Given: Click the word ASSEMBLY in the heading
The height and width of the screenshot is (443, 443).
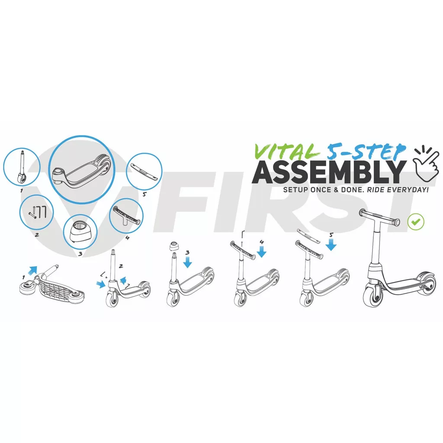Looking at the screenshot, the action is (x=329, y=172).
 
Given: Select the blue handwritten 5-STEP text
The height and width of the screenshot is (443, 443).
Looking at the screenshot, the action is (x=366, y=152).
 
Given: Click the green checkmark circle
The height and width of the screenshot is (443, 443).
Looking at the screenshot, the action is (x=416, y=221).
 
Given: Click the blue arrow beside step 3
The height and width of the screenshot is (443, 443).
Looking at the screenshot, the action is (x=187, y=262).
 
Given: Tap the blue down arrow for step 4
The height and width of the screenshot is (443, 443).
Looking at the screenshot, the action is (x=262, y=251).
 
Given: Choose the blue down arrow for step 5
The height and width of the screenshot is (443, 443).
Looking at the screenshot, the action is (x=331, y=244).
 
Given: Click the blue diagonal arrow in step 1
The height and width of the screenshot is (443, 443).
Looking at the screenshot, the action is (x=32, y=270).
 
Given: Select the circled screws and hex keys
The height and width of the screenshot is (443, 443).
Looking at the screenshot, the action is (x=37, y=212).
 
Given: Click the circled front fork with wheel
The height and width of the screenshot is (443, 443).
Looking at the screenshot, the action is (x=22, y=167).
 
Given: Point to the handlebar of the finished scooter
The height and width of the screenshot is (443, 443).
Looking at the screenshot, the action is (x=379, y=217).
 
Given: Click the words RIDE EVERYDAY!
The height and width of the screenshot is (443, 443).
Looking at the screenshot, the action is (x=398, y=189).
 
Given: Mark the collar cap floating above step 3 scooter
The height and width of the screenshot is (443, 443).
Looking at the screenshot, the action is (x=175, y=246).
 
